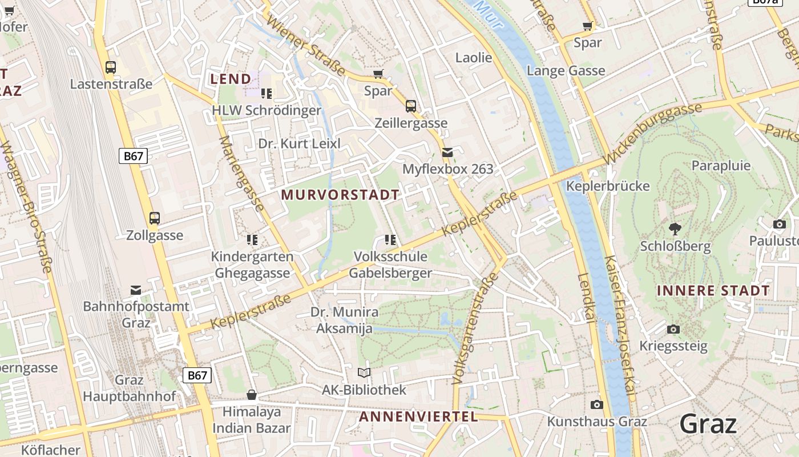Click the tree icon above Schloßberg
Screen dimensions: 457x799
[675, 229]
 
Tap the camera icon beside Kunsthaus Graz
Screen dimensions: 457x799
[597, 404]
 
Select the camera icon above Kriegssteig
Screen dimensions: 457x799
[673, 329]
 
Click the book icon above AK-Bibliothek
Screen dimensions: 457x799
[364, 373]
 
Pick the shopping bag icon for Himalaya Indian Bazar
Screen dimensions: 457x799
[251, 395]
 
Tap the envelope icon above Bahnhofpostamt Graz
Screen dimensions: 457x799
[136, 290]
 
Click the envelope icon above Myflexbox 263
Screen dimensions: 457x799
[447, 152]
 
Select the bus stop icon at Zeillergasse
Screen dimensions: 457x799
[411, 106]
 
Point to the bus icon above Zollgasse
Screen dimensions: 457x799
[155, 218]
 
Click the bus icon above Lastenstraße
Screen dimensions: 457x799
[111, 67]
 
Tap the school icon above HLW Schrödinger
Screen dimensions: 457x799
[266, 93]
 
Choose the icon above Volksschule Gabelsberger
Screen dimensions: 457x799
[390, 239]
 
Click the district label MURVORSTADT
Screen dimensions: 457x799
[340, 195]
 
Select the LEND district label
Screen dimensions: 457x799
[231, 79]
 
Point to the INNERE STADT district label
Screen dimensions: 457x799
[713, 291]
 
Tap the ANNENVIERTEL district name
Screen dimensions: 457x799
[418, 416]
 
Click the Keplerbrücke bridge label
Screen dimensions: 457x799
[607, 186]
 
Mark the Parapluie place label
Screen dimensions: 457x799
[721, 166]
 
